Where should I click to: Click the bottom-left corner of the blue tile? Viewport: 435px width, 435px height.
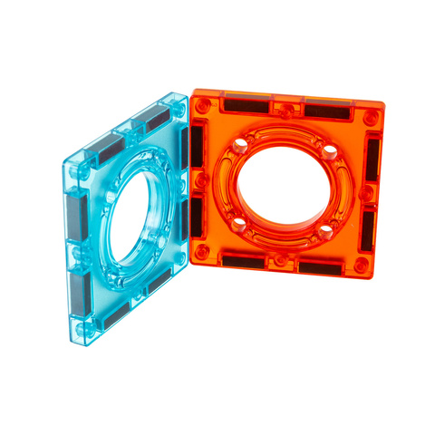click(x=74, y=343)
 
